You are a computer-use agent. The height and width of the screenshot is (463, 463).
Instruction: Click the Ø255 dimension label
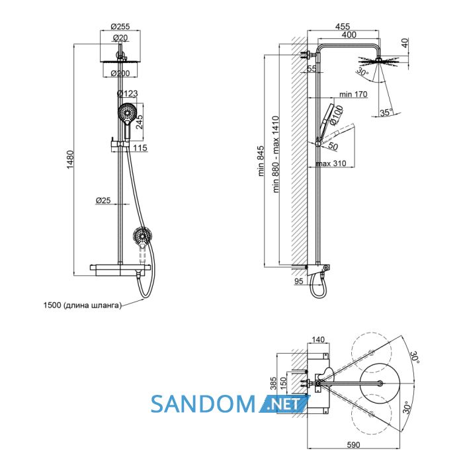(120, 26)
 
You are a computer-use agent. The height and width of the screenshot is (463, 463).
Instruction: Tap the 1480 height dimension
(70, 160)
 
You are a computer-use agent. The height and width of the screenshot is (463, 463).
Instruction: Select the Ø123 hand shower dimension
(127, 93)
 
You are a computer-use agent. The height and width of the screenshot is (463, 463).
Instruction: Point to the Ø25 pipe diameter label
(103, 200)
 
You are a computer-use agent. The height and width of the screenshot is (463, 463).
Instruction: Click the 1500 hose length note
(83, 305)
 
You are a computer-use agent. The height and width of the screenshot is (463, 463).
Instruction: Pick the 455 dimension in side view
(343, 26)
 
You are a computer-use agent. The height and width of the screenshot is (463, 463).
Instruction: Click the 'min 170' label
(353, 94)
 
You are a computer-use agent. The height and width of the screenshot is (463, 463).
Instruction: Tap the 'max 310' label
(331, 163)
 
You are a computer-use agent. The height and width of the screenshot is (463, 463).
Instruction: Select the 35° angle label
(386, 112)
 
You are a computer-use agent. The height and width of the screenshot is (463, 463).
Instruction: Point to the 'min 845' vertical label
(261, 161)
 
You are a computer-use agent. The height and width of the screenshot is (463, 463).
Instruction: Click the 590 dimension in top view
(353, 444)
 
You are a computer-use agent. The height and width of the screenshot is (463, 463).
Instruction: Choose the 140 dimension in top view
(317, 339)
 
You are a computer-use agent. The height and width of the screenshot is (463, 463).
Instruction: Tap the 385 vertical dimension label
(273, 383)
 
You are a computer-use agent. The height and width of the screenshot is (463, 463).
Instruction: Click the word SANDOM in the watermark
(203, 403)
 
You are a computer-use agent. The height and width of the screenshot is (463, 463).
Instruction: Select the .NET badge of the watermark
(284, 403)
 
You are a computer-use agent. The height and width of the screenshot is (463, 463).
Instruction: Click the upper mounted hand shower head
(127, 112)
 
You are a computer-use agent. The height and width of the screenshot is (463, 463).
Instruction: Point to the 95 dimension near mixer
(298, 281)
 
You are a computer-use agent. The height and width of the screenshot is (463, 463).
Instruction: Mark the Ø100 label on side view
(336, 114)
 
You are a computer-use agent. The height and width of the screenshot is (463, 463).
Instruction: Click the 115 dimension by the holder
(140, 147)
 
